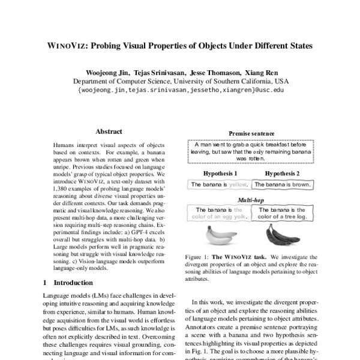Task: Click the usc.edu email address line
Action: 180,90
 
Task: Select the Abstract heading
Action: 109,131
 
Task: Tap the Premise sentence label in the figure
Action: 251,134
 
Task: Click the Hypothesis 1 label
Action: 220,173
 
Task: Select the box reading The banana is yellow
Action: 219,185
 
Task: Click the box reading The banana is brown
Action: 281,185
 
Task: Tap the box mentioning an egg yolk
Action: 219,213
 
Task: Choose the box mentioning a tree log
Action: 281,213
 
